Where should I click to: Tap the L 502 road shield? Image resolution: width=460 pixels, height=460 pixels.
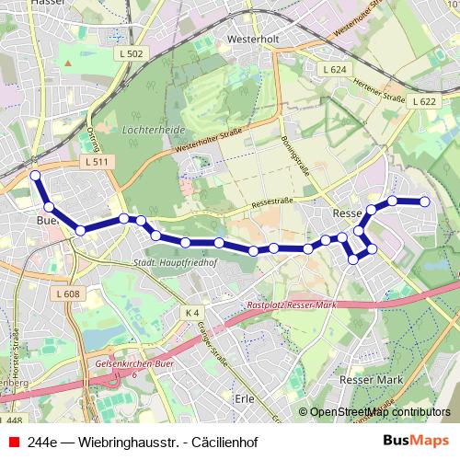pos(132,55)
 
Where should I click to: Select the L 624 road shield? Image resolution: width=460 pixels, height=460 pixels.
pos(334,70)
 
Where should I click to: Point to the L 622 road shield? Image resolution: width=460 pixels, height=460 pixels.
pos(423,100)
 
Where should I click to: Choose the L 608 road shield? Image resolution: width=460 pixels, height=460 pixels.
pos(68,294)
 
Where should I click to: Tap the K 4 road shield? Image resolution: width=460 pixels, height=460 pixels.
pos(190,313)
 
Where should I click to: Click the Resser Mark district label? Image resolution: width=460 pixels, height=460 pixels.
pos(371,379)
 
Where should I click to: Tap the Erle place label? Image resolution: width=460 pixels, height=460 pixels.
pos(244,398)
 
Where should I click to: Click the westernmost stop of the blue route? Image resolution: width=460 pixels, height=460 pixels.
pos(35,175)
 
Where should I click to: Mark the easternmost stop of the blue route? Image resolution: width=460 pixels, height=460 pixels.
pos(425,201)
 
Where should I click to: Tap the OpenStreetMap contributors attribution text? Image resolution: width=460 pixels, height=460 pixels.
pos(378,412)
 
